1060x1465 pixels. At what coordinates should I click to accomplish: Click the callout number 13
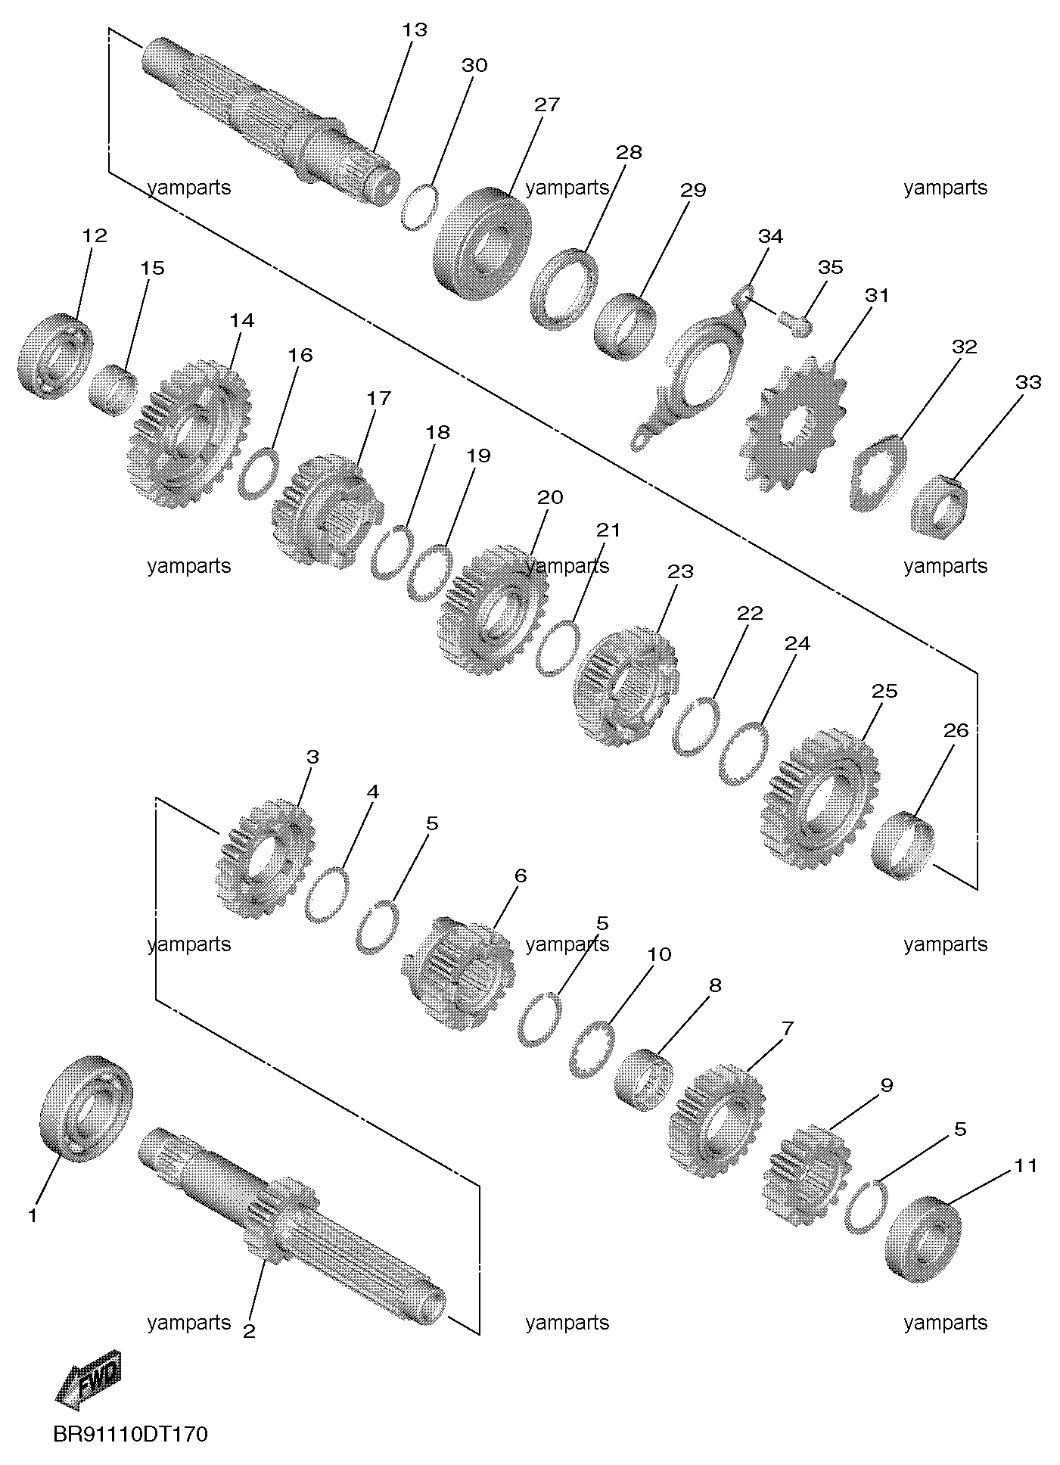pyautogui.click(x=415, y=30)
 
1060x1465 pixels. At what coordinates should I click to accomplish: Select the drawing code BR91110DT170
pyautogui.click(x=130, y=1435)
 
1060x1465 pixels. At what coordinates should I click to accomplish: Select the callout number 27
pyautogui.click(x=546, y=104)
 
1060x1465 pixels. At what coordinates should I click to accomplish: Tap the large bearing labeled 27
pyautogui.click(x=481, y=242)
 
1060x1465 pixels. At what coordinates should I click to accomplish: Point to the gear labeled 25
pyautogui.click(x=820, y=799)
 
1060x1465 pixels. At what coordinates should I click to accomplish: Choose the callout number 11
pyautogui.click(x=1026, y=1165)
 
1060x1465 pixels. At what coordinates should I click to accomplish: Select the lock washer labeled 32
pyautogui.click(x=878, y=474)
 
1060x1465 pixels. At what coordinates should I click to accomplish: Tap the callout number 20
pyautogui.click(x=550, y=497)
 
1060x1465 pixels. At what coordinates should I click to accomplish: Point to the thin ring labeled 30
pyautogui.click(x=418, y=207)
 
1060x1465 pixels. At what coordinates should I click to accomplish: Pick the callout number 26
pyautogui.click(x=956, y=730)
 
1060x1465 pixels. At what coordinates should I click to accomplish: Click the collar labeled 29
pyautogui.click(x=624, y=327)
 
